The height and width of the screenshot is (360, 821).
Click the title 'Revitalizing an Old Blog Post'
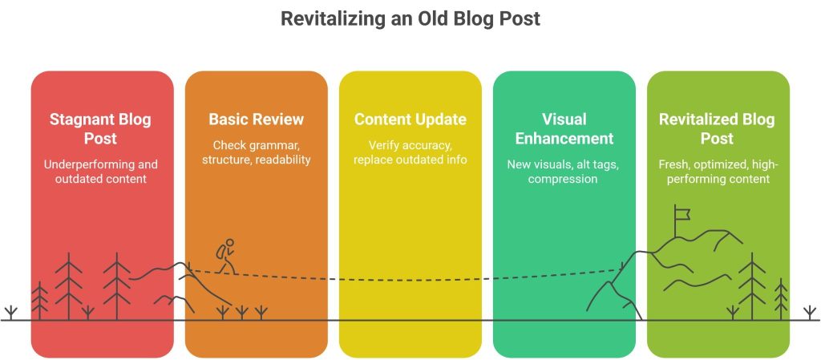coord(410,18)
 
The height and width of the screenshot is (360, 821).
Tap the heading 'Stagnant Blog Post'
coord(100,128)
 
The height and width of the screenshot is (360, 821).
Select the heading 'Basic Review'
coord(256,119)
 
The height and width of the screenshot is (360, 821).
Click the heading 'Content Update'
coord(410,119)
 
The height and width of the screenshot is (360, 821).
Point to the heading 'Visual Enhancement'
coord(564,128)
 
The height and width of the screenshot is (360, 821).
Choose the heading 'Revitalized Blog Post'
coord(717,128)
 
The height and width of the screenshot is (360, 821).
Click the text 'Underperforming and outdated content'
coord(100,172)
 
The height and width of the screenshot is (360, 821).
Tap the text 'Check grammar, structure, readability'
coord(256,152)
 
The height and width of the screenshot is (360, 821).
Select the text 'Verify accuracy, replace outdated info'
coord(410,152)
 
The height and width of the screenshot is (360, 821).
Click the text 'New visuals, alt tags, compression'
coord(564,172)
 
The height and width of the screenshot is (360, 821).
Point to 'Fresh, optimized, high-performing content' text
coord(717,172)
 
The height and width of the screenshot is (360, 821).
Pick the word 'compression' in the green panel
coord(564,179)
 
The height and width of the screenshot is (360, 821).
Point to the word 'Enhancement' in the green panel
coord(564,138)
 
